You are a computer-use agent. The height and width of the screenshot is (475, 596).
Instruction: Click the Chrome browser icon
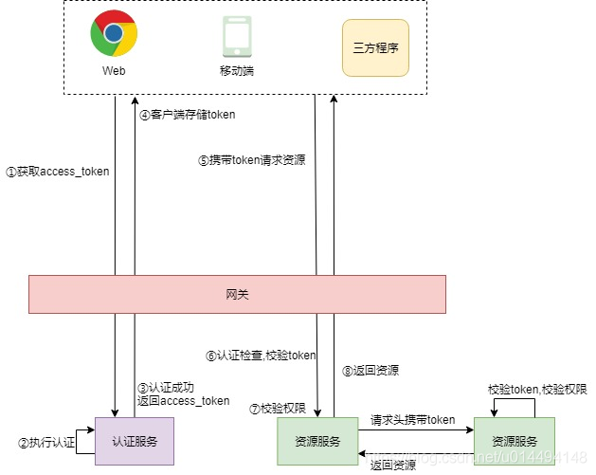coord(113,34)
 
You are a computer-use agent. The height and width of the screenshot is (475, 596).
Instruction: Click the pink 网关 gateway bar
coord(237,294)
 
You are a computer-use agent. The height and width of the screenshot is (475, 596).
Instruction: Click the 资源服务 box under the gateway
coord(316,442)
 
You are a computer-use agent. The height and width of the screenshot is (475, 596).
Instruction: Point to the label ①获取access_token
coord(58,172)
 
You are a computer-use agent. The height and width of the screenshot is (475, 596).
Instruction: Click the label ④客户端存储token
coord(188,114)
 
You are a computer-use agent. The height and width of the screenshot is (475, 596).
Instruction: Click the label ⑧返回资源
coord(370,370)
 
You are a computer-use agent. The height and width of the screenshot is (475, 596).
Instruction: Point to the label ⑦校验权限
coord(277,409)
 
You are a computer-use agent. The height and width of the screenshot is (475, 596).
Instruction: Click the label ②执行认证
coord(46,443)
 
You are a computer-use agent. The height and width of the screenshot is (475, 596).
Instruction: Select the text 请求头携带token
coord(413,419)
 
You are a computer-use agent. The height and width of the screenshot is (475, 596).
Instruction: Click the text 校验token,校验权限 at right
coord(536,389)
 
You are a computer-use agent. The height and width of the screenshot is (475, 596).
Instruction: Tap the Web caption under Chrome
coord(113,71)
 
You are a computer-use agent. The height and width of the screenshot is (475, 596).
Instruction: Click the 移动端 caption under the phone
coord(235,71)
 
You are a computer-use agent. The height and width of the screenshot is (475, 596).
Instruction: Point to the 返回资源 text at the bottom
coord(392,465)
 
